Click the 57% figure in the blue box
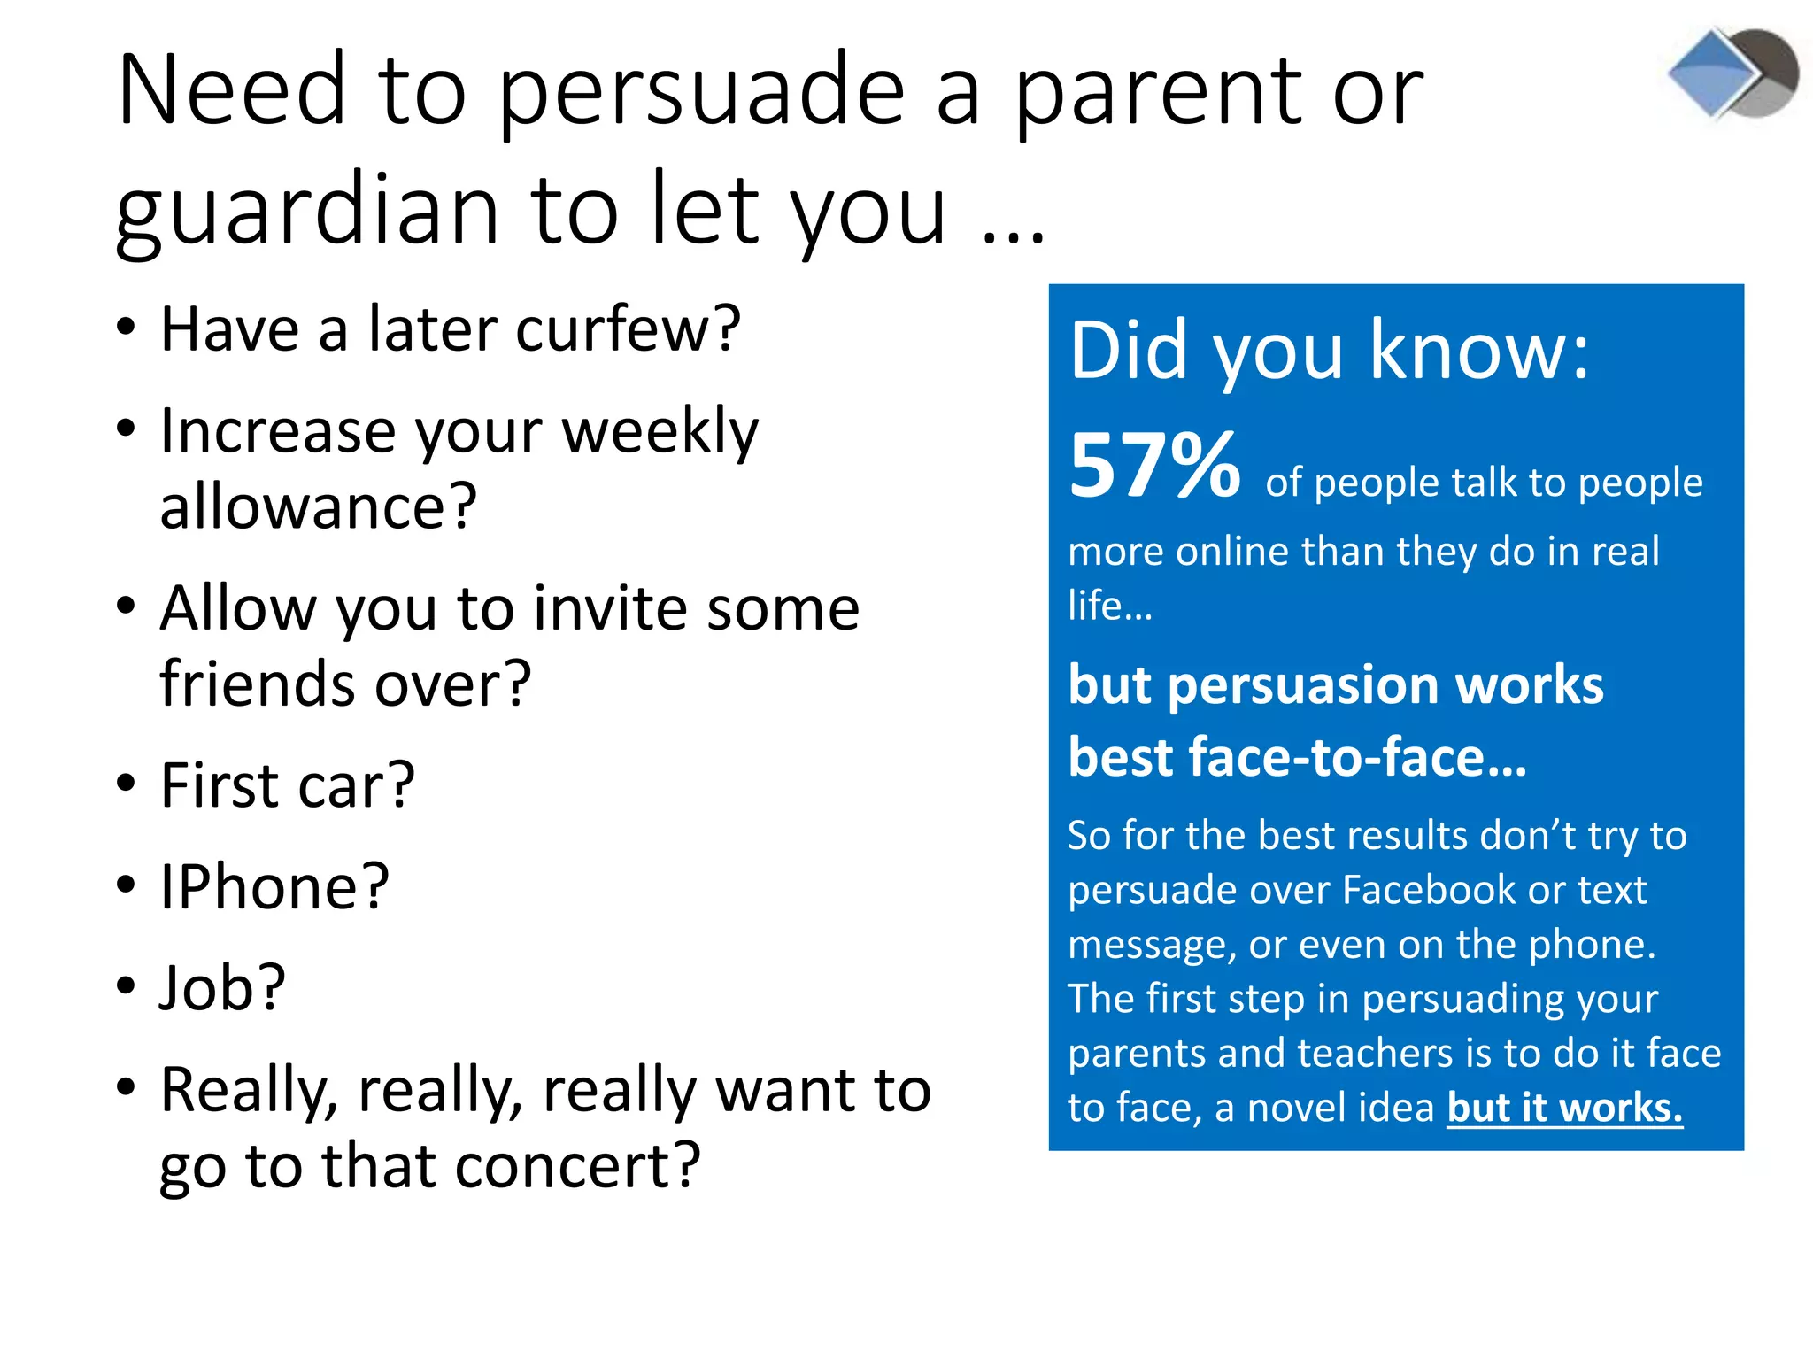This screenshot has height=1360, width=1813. pyautogui.click(x=1154, y=466)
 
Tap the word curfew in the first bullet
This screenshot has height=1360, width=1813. pyautogui.click(x=629, y=329)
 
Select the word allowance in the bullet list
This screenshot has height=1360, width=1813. pyautogui.click(x=318, y=506)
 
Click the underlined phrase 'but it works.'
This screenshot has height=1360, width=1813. pyautogui.click(x=1564, y=1108)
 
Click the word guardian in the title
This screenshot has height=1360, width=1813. pyautogui.click(x=308, y=211)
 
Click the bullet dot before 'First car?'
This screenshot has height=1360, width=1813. pyautogui.click(x=126, y=784)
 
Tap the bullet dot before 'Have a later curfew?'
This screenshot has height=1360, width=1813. pyautogui.click(x=126, y=326)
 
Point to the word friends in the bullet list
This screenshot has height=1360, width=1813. pyautogui.click(x=259, y=684)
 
